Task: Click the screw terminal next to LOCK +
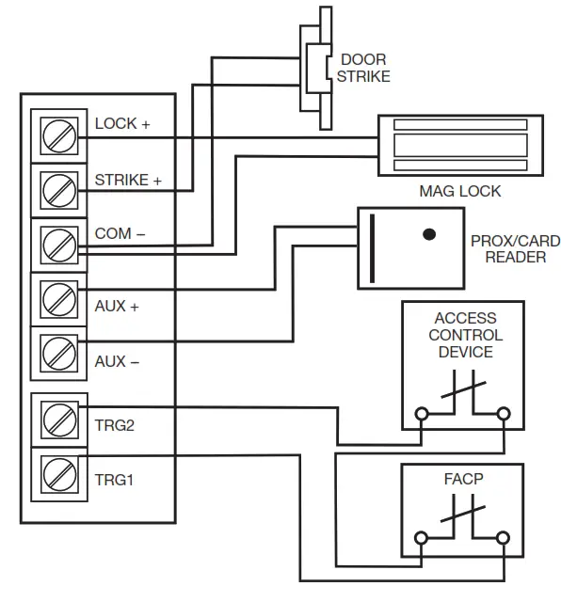pos(60,137)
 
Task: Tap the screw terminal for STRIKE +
pos(60,191)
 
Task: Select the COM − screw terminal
pos(60,246)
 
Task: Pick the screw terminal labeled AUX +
pos(60,300)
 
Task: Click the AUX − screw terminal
pos(60,355)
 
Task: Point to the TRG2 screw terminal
pos(60,419)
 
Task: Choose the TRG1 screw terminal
pos(60,472)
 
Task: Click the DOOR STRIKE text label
pos(363,68)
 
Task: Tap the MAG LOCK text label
pos(459,191)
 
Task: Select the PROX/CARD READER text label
pos(508,248)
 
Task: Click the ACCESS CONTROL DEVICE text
pos(465,335)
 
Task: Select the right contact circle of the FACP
pos(505,538)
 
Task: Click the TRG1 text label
pos(115,480)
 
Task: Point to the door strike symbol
pos(314,66)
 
